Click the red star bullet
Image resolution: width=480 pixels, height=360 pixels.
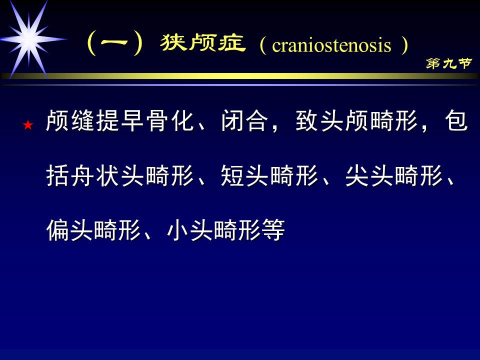28,125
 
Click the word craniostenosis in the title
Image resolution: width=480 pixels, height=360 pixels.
331,46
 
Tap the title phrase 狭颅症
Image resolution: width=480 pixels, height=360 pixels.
203,44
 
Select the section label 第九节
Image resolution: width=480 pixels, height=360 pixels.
449,63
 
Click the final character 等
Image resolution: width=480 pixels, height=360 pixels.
273,230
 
